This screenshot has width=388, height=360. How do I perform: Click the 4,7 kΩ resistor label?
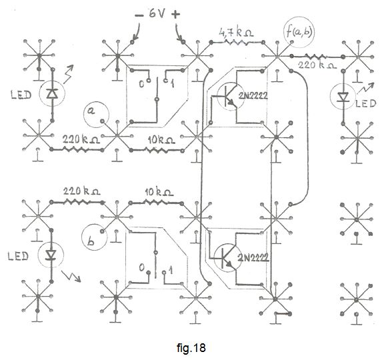236,33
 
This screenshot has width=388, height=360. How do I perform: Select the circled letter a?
96,114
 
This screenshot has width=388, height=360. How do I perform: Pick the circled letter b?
94,237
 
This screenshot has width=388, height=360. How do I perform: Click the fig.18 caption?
191,347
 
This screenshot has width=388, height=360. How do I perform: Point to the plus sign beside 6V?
175,15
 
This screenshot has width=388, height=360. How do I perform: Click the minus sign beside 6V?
139,15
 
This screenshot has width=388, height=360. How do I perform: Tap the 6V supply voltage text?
157,13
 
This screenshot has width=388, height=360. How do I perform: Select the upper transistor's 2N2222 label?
253,95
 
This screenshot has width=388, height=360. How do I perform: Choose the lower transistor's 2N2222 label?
253,258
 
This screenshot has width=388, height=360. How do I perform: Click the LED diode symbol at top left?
52,93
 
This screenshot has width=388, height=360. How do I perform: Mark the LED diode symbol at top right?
343,97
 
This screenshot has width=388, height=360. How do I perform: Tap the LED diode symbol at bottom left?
51,255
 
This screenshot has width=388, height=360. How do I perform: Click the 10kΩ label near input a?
161,141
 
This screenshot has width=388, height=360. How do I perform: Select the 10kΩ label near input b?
159,192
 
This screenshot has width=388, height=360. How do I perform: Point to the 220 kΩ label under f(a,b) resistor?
317,65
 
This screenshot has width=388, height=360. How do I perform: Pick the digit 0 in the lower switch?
141,267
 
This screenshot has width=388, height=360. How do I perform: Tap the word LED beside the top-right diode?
366,103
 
